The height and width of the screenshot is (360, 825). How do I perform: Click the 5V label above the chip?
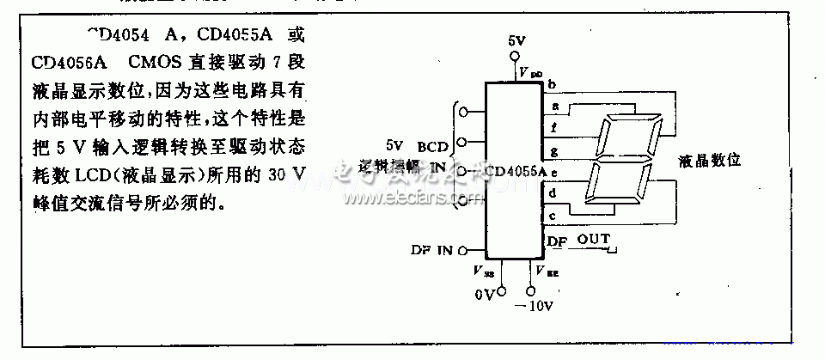516,41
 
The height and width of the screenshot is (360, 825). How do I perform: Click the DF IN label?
432,250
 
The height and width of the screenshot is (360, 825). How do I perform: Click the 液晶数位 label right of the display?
709,160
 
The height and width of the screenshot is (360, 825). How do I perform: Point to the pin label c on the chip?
553,215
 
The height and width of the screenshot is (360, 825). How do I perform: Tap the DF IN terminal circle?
463,250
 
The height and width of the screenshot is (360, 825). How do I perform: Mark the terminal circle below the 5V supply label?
516,55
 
